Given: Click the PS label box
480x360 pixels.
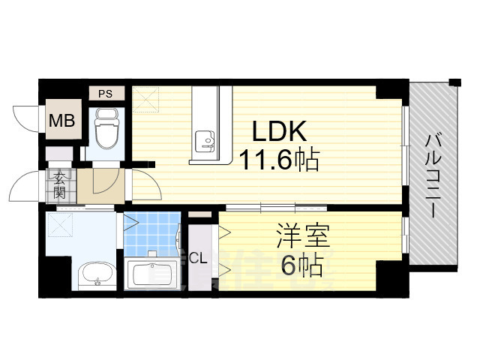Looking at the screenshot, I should (x=106, y=94).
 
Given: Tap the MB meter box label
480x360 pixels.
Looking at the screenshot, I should (x=61, y=120).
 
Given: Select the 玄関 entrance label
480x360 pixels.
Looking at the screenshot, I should (x=60, y=184).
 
